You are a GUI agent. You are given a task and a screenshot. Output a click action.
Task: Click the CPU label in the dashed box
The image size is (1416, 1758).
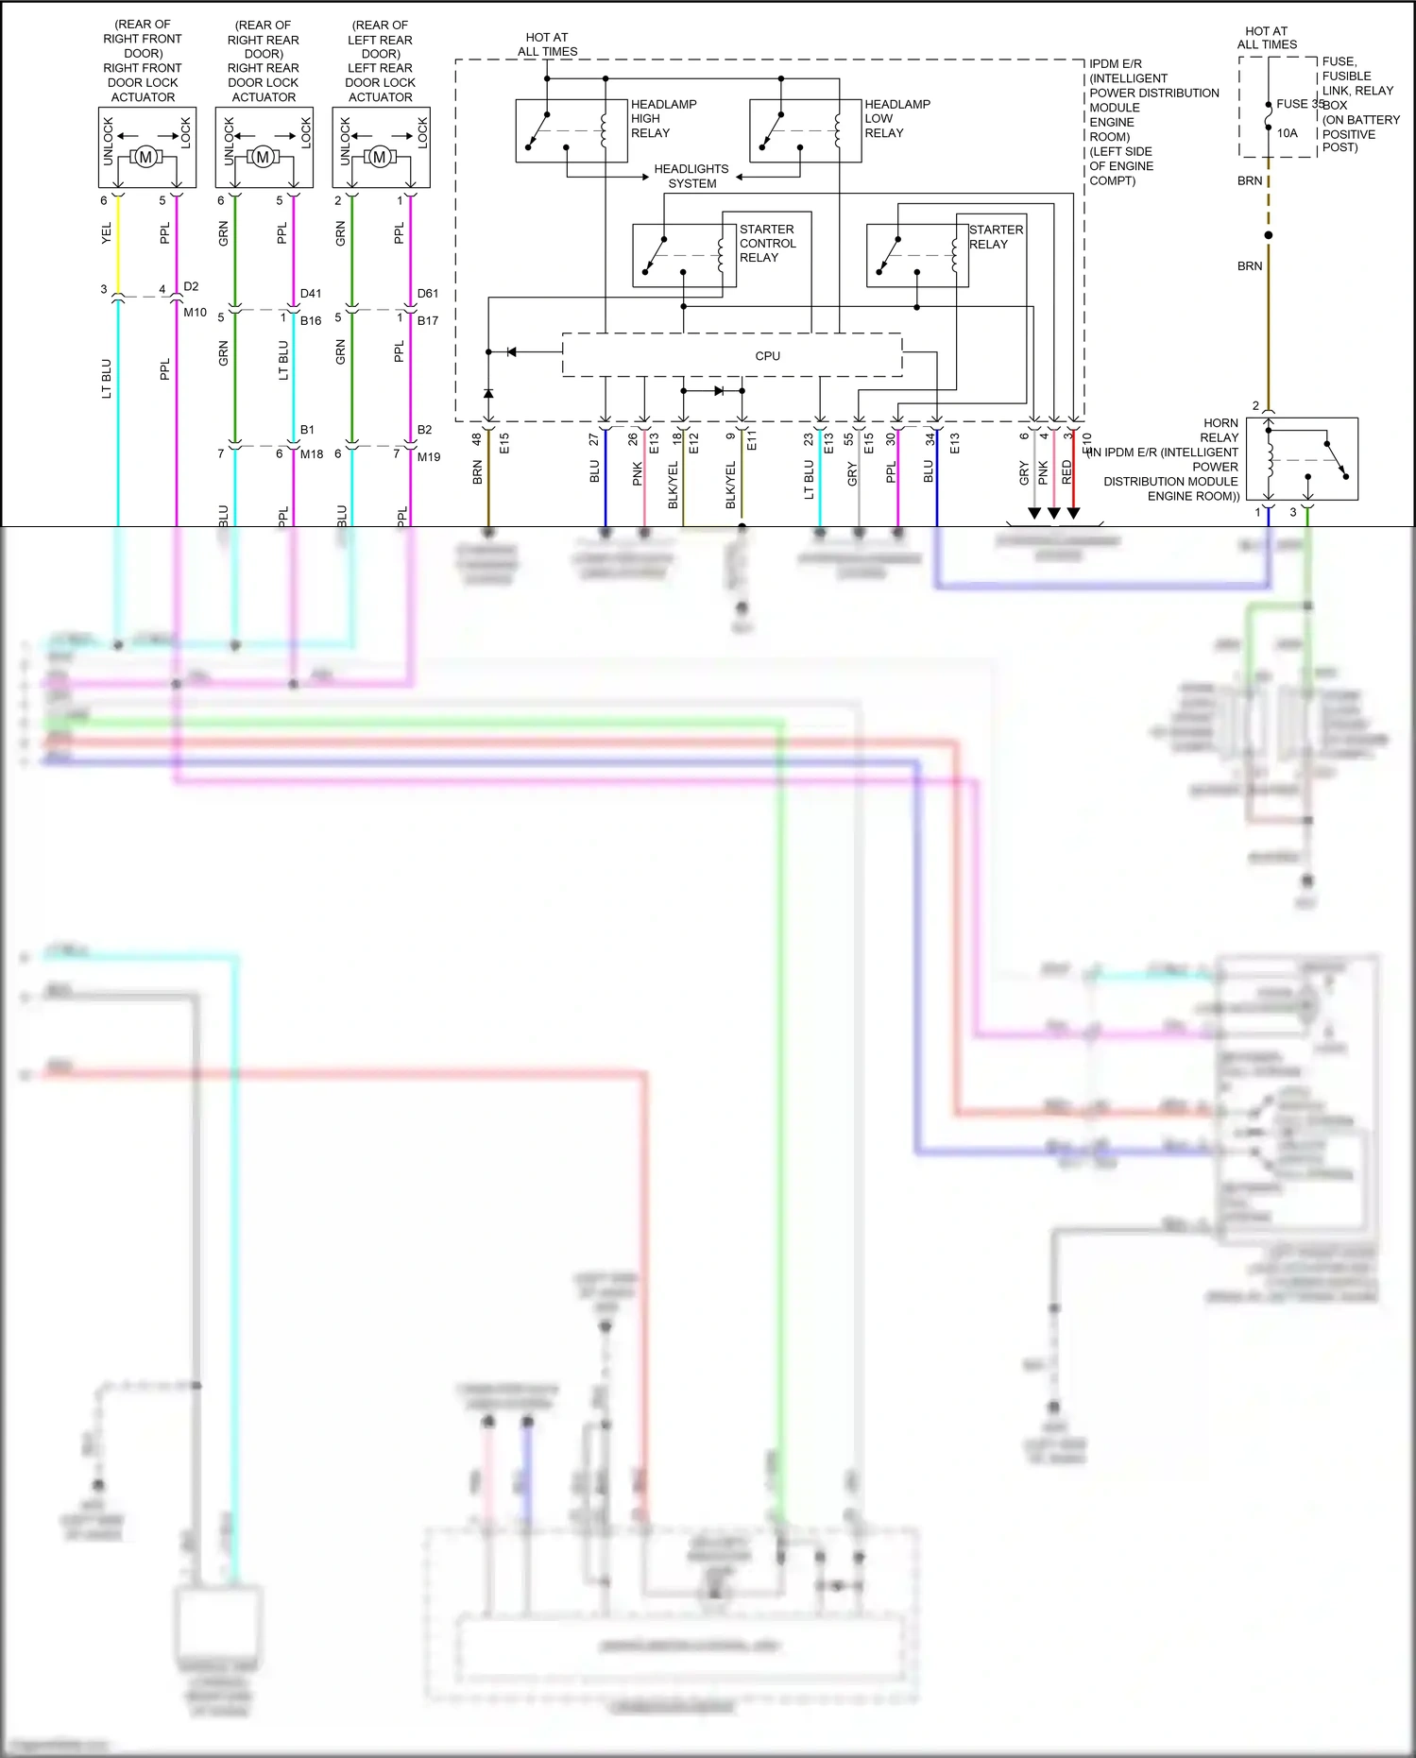tap(767, 356)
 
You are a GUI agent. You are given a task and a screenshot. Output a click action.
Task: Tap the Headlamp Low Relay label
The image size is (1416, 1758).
tap(896, 118)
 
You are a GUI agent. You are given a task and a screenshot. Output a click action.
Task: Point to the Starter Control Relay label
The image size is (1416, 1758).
tap(767, 243)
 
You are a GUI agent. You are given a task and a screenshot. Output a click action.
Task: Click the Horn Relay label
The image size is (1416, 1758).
tap(1220, 431)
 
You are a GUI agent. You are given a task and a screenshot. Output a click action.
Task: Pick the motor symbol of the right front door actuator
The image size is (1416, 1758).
tap(145, 157)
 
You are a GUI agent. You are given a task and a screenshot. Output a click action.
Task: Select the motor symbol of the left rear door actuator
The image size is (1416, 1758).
tap(379, 157)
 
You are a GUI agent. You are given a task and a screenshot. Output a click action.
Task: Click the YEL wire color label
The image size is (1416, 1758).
tap(106, 233)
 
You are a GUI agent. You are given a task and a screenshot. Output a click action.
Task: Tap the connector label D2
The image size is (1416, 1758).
tap(191, 286)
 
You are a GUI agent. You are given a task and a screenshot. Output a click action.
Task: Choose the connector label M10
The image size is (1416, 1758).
tap(195, 312)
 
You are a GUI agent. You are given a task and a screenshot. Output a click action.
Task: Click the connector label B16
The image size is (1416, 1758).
tap(311, 320)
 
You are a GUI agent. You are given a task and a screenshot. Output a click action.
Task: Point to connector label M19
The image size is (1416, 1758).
tap(429, 456)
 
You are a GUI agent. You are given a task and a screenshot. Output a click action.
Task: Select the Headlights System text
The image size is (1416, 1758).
tap(691, 176)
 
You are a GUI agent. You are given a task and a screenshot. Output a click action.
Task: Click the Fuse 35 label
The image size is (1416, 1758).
tap(1299, 104)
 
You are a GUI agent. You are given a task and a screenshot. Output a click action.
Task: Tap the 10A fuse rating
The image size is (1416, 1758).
tap(1288, 133)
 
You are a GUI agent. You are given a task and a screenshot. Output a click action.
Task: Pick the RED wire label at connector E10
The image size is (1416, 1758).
tap(1066, 472)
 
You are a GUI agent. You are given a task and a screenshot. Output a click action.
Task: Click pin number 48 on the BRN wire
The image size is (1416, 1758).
tap(477, 439)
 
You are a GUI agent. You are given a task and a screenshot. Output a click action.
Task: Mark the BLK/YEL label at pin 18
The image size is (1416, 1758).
tap(674, 485)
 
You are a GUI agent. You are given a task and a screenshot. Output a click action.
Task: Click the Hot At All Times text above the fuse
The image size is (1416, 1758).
tap(1267, 38)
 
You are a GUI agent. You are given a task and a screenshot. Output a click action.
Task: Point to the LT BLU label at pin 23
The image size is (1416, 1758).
tap(809, 479)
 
